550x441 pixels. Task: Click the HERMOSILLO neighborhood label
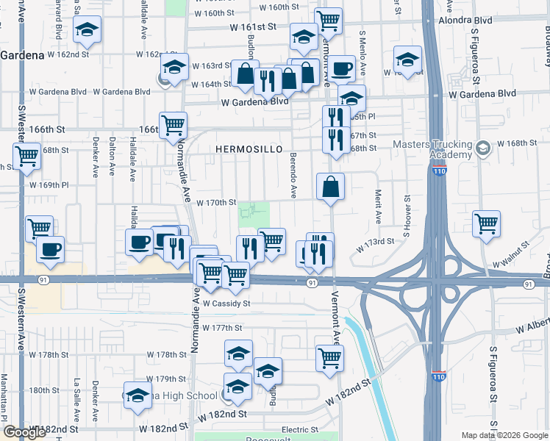249,149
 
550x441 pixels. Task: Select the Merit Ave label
378,207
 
